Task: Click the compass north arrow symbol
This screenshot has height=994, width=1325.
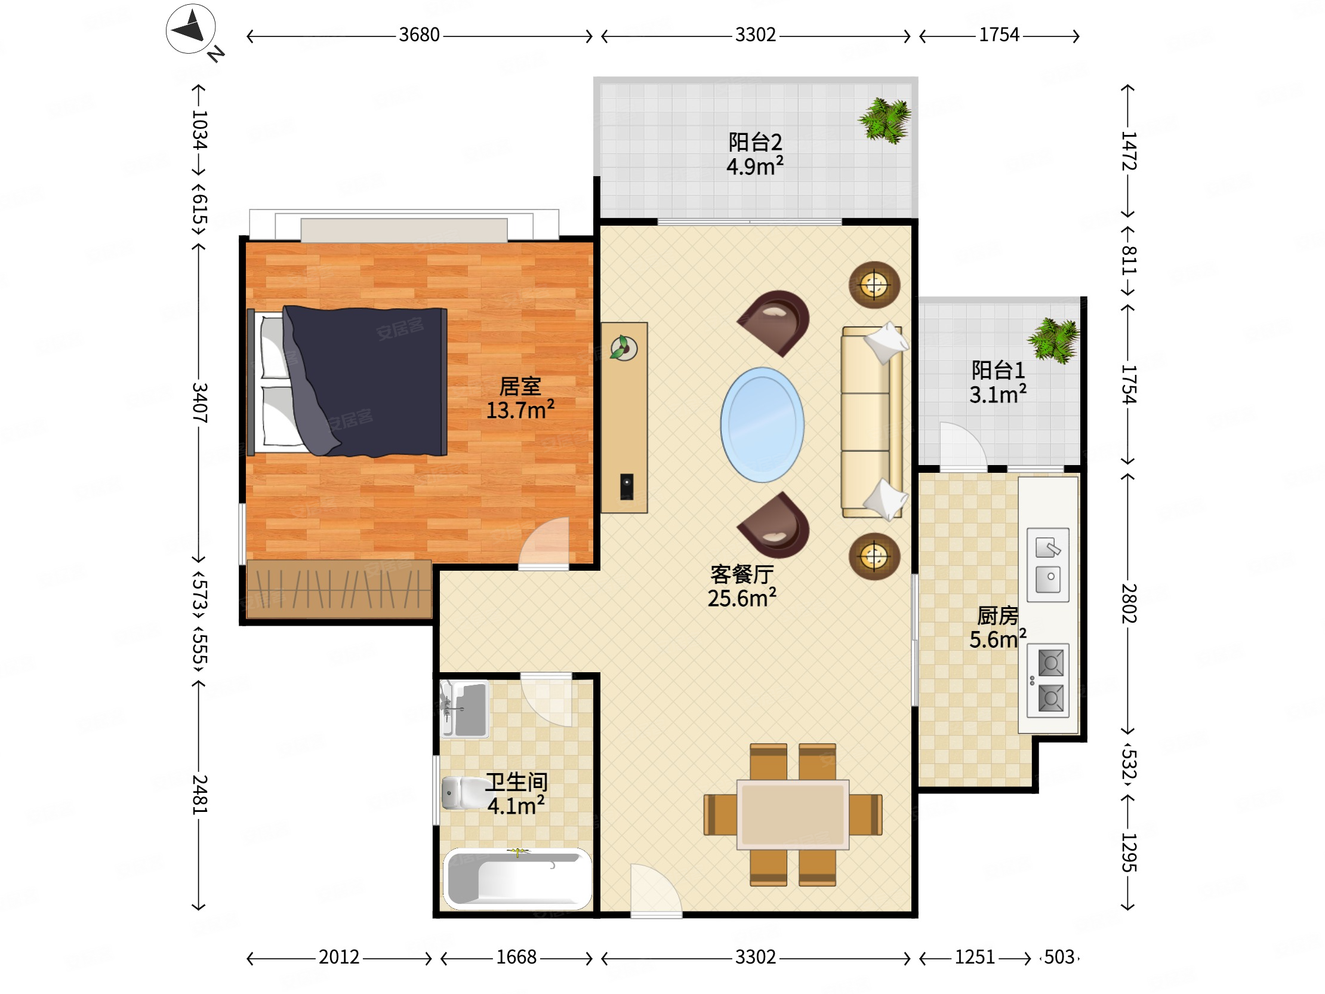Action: (190, 29)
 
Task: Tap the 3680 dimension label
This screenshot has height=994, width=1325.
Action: (420, 35)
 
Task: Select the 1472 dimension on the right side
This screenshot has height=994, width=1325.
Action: (1129, 151)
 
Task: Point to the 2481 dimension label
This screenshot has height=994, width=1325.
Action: (199, 795)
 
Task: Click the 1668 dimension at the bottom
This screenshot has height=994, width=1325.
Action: (516, 957)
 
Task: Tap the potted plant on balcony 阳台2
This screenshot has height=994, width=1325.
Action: (885, 121)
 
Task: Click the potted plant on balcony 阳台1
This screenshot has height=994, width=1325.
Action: (1054, 340)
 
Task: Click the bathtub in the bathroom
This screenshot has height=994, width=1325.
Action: (517, 878)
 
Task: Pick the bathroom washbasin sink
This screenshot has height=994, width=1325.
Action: (465, 709)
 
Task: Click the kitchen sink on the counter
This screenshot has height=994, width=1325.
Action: (1048, 564)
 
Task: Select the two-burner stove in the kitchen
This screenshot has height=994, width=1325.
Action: (1048, 680)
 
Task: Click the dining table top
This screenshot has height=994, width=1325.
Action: (793, 814)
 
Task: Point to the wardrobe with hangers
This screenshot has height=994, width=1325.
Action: (339, 589)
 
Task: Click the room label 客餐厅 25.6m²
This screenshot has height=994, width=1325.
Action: (742, 586)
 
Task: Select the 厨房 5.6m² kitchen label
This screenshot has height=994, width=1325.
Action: (998, 627)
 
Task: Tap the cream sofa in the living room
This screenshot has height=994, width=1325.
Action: (872, 422)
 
